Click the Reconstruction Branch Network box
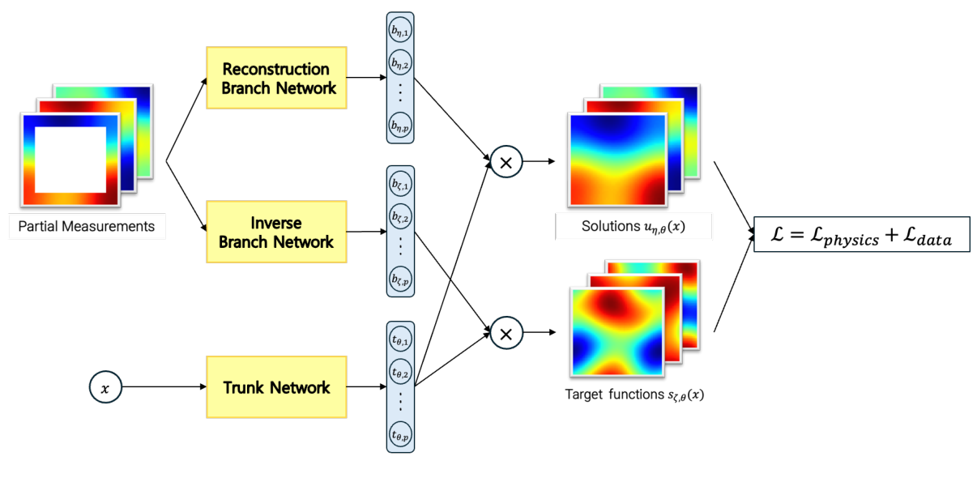276,79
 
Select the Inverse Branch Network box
276,232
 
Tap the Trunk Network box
276,387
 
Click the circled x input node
104,389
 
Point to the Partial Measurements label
87,226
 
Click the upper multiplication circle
506,162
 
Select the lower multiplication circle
506,333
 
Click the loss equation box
861,234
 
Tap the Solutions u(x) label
633,226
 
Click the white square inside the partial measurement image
70,159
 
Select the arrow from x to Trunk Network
162,389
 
